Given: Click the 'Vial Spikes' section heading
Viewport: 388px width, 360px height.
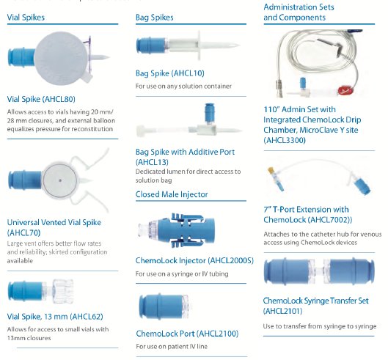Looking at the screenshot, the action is point(26,18).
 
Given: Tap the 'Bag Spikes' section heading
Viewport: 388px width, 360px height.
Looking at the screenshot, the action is point(155,18).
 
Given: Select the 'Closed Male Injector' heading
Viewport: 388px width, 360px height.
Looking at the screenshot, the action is point(172,194).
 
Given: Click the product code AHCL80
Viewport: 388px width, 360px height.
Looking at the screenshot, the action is point(59,99).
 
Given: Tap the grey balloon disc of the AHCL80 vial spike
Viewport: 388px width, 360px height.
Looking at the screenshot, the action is point(61,58).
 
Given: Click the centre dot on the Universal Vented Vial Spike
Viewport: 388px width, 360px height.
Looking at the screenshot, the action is point(60,180).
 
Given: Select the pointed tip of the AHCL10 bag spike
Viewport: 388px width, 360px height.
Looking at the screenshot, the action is point(238,45).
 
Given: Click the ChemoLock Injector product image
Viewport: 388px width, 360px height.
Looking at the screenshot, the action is point(177,230).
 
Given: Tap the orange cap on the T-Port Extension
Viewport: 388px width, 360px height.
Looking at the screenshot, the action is point(271,170).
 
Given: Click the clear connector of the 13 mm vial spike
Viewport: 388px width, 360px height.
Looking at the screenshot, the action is point(61,291).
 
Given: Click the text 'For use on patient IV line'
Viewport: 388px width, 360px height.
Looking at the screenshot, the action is point(172,346).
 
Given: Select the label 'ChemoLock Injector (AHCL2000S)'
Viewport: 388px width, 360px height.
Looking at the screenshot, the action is point(194,260).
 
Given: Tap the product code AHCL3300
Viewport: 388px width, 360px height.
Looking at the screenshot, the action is point(285,140).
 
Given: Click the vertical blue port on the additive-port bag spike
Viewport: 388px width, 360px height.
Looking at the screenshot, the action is point(210,113).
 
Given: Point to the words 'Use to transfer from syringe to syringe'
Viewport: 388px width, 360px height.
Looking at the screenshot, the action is point(320,326).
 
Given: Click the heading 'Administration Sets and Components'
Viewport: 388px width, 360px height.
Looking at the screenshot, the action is point(299,12).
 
